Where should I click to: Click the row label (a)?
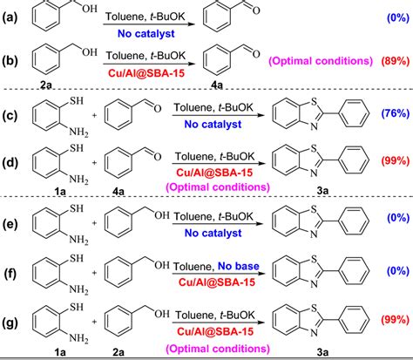coord(11,17)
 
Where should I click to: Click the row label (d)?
coord(11,161)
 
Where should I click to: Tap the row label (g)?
coord(11,321)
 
